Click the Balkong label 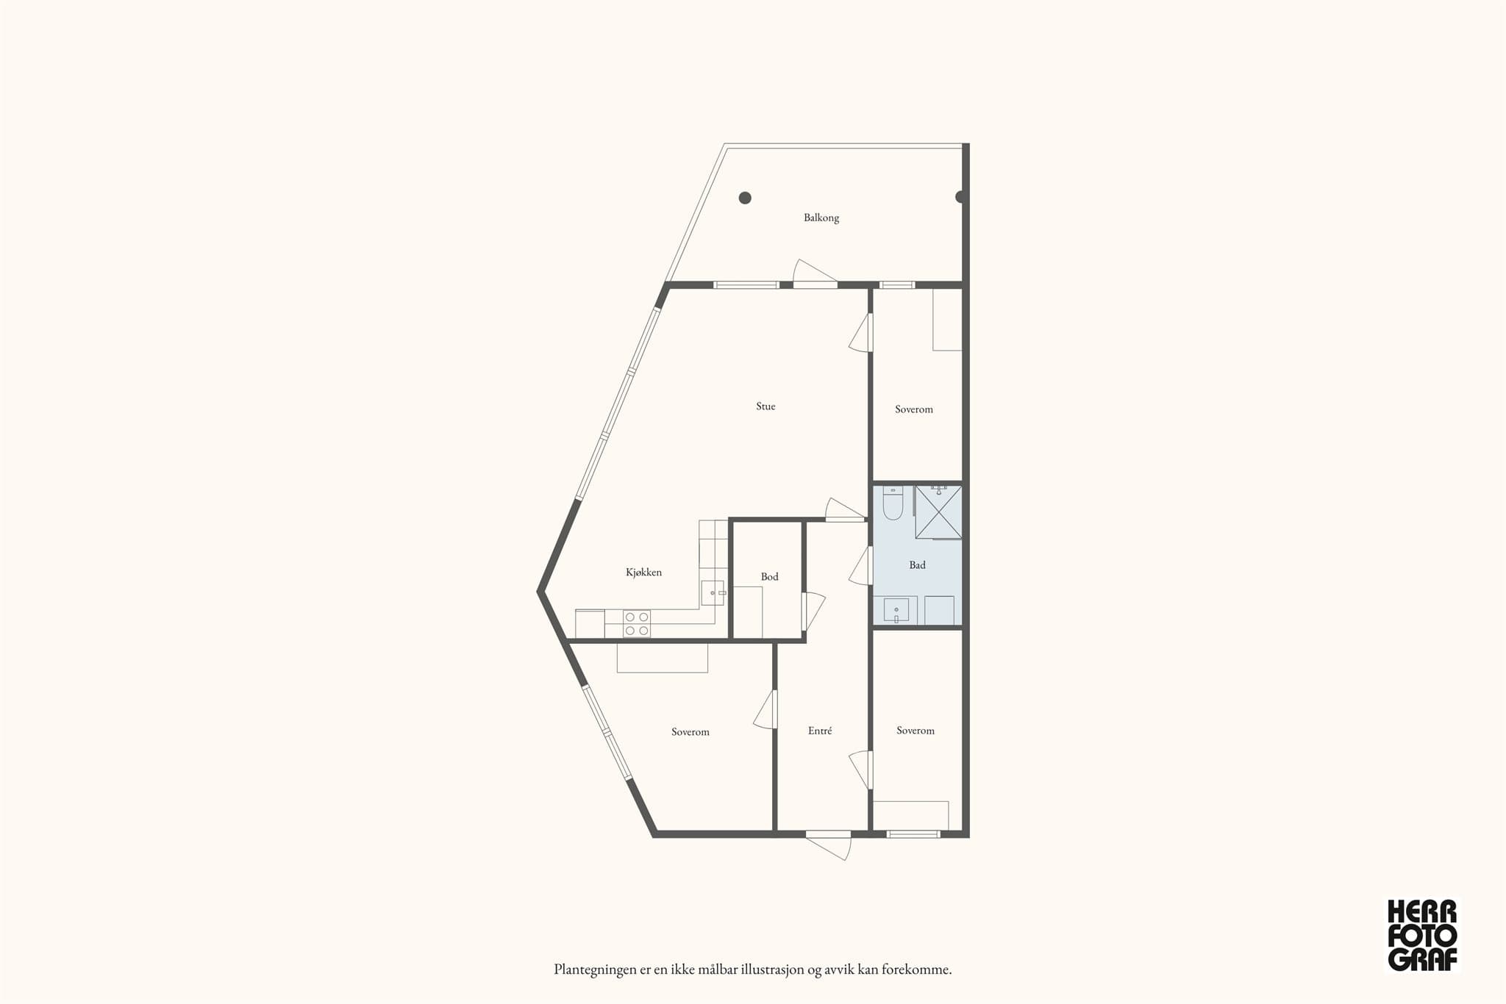[821, 218]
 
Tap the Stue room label [766, 406]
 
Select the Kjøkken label [643, 572]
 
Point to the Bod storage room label [769, 576]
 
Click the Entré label [820, 731]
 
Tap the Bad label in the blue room [917, 564]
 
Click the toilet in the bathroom [893, 503]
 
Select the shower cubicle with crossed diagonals [938, 512]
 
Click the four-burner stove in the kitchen [637, 624]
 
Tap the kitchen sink [713, 592]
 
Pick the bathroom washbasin [896, 610]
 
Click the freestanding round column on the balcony [745, 198]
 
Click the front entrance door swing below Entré [829, 847]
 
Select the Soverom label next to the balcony [913, 409]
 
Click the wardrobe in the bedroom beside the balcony [947, 320]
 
